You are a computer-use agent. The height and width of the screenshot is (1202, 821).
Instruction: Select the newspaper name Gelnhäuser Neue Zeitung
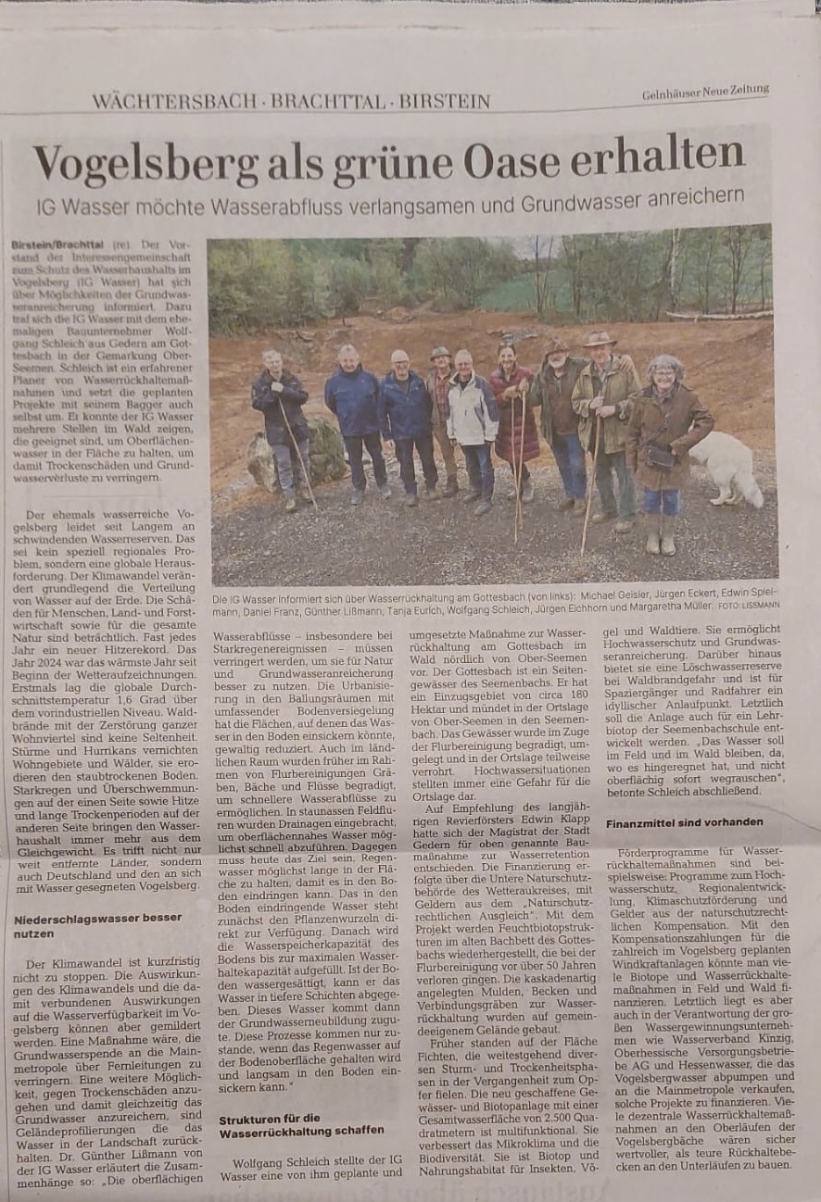pos(706,91)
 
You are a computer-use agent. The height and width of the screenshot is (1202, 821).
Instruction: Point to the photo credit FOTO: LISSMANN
pos(749,605)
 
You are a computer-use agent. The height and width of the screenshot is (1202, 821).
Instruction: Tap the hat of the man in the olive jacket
pos(600,340)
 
